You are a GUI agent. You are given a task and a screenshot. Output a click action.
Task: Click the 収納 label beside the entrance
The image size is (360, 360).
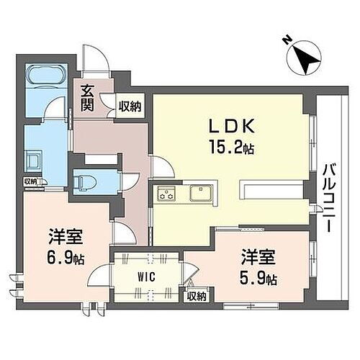point(130,106)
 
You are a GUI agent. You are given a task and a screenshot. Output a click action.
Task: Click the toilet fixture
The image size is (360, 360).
point(85,176)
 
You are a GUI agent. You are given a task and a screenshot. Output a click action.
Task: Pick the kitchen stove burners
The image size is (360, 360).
point(168,192)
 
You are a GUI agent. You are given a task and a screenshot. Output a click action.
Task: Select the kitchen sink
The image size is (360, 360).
point(199,192)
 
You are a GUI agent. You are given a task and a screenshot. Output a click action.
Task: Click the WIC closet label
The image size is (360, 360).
point(146,275)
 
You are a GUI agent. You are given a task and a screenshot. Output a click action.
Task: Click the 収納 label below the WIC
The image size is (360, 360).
point(197,294)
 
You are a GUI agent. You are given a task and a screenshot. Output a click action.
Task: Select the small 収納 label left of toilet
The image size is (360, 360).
point(30,181)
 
